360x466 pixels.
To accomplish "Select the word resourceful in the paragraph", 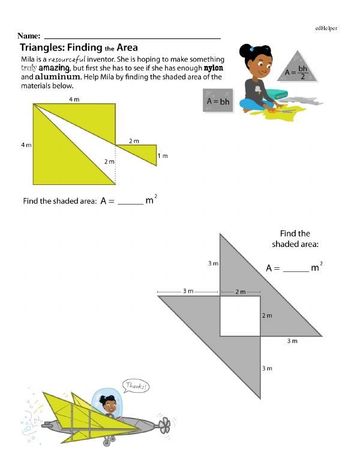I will tap(67, 59).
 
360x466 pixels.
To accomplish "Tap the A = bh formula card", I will tap(218, 101).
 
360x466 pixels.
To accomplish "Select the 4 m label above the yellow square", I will tap(74, 99).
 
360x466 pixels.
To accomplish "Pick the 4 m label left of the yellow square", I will tap(26, 145).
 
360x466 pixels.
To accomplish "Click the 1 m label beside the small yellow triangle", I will tap(162, 156).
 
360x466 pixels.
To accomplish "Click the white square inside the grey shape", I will tap(239, 316).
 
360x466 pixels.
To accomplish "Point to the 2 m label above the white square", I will tap(240, 292).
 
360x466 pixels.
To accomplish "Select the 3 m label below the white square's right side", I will tap(292, 341).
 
